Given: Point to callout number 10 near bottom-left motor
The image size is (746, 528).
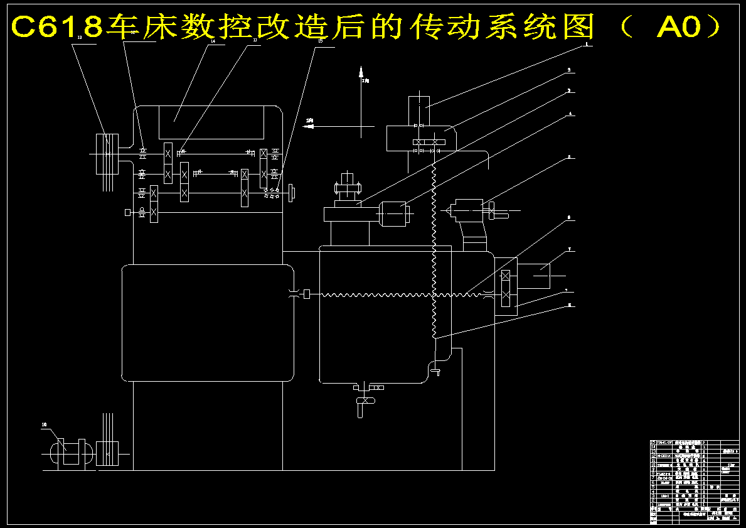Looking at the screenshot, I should click(45, 425).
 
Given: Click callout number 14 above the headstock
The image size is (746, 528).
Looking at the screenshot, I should click(213, 42).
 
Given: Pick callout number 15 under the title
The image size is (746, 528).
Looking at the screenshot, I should click(321, 41).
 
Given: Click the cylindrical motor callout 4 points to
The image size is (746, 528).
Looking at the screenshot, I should click(393, 213).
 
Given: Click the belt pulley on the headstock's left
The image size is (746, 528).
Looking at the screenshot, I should click(107, 153).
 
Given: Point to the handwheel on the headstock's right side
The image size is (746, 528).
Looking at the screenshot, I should click(292, 191).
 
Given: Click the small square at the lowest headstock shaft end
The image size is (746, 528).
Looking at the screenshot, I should click(128, 213).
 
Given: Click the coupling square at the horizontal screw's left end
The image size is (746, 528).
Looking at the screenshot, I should click(307, 294).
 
